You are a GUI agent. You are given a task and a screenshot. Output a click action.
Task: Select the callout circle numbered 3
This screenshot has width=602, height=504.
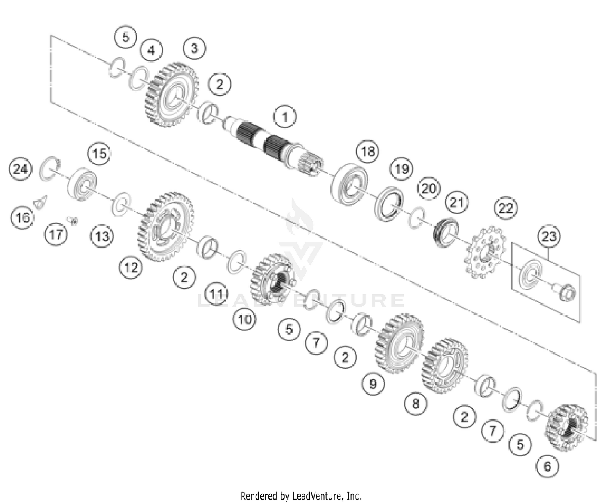194,49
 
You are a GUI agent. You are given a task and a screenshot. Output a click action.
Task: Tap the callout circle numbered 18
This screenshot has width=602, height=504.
368,151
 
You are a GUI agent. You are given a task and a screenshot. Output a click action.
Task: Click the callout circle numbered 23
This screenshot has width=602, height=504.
549,236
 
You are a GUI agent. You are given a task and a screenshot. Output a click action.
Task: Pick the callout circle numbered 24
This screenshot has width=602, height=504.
20,169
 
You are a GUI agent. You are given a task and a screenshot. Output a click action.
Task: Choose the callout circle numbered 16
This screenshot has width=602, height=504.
22,217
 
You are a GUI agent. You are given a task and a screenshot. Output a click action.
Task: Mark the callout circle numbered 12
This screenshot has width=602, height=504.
131,267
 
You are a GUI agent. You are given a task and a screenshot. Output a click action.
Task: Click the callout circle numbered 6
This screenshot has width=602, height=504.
547,466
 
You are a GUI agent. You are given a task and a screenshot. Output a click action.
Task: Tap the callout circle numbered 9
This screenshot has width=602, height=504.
373,384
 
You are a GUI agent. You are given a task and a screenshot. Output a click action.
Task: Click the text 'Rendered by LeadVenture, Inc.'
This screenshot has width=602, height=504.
301,496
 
